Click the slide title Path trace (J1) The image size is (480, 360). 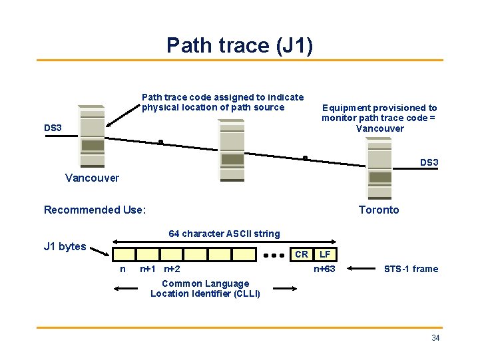(x=240, y=45)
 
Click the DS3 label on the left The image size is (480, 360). (x=53, y=127)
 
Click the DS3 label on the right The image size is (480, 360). (x=429, y=162)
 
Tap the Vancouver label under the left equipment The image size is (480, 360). (x=92, y=178)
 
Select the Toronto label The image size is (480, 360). (x=379, y=210)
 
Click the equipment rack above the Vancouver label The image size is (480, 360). (x=92, y=136)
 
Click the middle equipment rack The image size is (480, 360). (x=232, y=150)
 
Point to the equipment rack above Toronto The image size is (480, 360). (x=379, y=168)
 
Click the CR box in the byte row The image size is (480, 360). (x=302, y=254)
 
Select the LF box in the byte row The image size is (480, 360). (x=325, y=254)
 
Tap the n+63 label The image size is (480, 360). (x=325, y=269)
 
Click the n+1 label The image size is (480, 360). (x=147, y=269)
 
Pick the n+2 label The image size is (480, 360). (x=172, y=269)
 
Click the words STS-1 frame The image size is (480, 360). (x=411, y=269)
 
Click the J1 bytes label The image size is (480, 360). (x=65, y=246)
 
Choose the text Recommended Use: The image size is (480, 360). (x=95, y=210)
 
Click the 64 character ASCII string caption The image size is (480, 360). (x=224, y=234)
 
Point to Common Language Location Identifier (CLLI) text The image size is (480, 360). (x=205, y=288)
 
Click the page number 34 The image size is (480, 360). (x=435, y=338)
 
